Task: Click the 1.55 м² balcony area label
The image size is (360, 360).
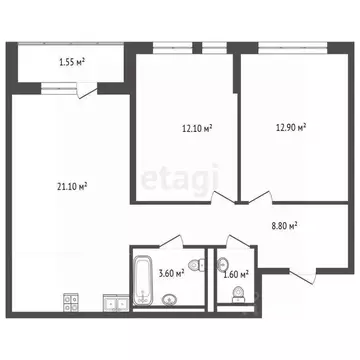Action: pyautogui.click(x=71, y=63)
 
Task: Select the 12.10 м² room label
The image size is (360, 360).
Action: pyautogui.click(x=197, y=128)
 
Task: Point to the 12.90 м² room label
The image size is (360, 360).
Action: pyautogui.click(x=290, y=128)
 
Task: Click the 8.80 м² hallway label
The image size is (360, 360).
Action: pyautogui.click(x=286, y=226)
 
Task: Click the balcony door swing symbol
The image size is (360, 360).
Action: pyautogui.click(x=91, y=92)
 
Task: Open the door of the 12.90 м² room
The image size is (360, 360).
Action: pyautogui.click(x=257, y=195)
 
